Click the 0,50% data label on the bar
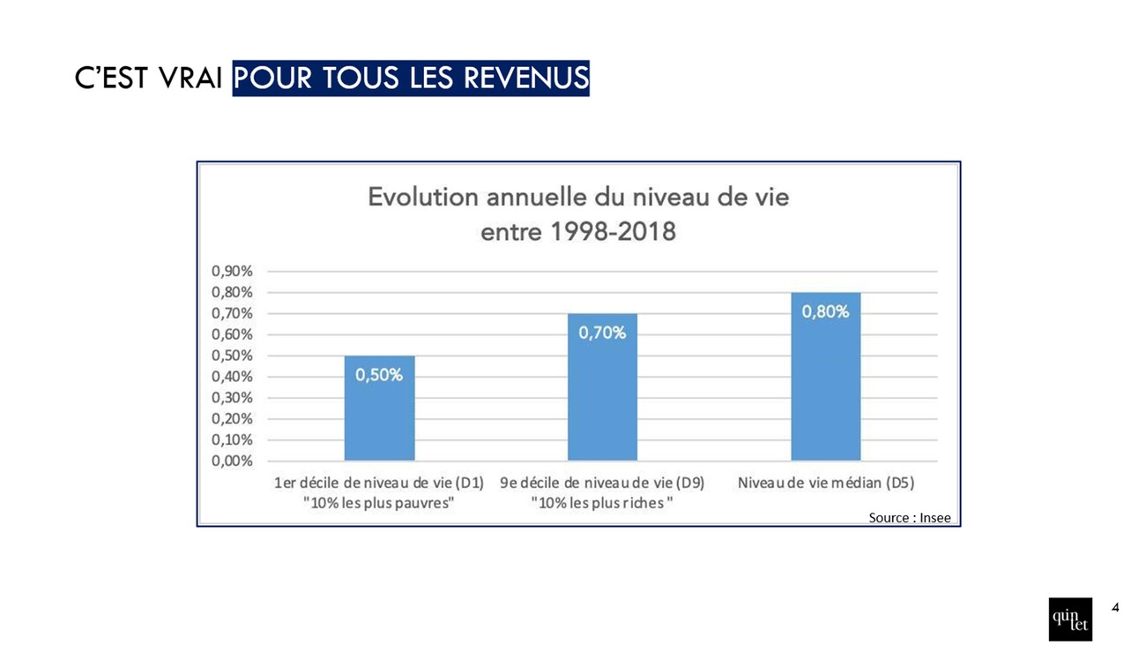(379, 375)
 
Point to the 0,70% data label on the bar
(602, 333)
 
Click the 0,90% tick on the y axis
(232, 271)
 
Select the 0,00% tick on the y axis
(232, 461)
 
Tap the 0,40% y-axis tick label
(232, 377)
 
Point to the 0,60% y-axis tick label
(232, 334)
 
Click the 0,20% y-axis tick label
(232, 418)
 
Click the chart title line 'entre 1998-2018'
(577, 232)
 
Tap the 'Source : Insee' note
(910, 518)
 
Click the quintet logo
(1070, 619)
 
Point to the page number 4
(1116, 607)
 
